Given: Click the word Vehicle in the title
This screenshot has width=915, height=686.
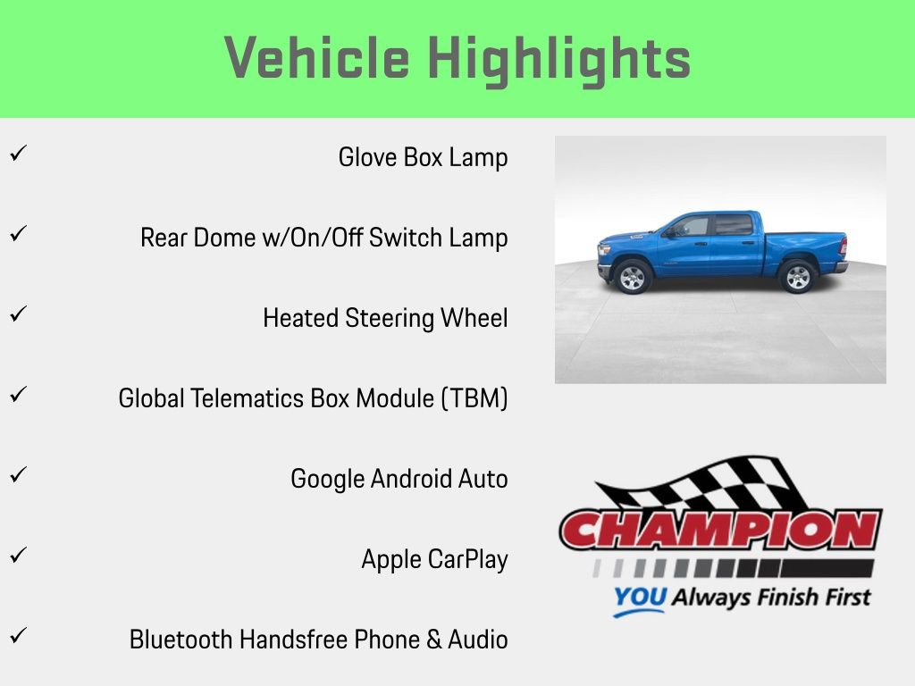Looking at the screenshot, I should [316, 59].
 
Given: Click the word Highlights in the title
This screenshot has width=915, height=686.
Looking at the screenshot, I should [559, 59].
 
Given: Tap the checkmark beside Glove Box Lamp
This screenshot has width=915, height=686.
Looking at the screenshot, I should [17, 153].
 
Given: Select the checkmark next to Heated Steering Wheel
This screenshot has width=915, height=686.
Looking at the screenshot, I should [17, 314].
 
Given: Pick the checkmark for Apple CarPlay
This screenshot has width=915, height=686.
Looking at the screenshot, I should [17, 555].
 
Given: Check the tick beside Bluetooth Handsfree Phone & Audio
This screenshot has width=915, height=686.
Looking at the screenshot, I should [17, 635].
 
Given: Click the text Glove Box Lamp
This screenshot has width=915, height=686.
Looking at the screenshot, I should [423, 157].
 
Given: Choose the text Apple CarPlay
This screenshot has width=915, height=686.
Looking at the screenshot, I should [434, 559].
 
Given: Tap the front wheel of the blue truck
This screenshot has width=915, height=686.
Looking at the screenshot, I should [632, 277].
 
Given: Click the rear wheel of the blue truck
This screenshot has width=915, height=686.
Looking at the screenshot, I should [795, 276].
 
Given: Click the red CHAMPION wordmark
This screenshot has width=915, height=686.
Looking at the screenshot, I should [720, 530].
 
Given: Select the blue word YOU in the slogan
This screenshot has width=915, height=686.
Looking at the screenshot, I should [639, 598].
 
